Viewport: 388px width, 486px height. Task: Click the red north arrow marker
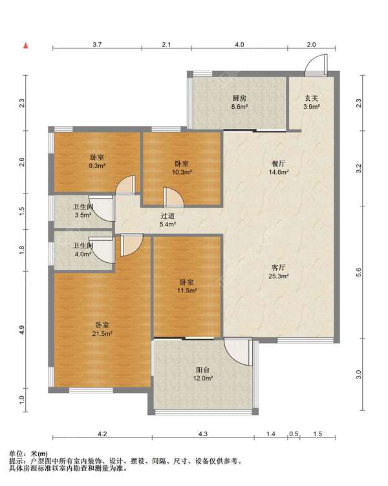click(27, 46)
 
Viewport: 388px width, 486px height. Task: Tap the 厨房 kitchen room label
click(240, 98)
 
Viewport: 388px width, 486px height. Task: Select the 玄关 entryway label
click(312, 98)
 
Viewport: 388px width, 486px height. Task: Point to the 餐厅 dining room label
click(279, 164)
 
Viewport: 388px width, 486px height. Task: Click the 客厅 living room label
click(279, 267)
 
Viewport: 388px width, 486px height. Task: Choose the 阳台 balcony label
click(203, 370)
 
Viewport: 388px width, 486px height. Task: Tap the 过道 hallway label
click(167, 216)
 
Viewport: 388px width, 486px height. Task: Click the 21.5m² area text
click(102, 334)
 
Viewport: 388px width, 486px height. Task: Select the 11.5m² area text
click(187, 291)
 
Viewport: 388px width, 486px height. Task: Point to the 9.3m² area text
click(97, 166)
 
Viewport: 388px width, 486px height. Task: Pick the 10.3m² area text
click(182, 172)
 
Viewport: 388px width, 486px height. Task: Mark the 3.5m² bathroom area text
click(82, 215)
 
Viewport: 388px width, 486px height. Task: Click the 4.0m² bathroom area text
click(82, 254)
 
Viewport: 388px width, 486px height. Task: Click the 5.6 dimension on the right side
click(359, 272)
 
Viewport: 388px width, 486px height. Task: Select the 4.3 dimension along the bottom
click(203, 434)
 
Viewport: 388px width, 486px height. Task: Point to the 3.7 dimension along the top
click(97, 44)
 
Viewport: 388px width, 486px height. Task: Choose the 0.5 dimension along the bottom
click(294, 434)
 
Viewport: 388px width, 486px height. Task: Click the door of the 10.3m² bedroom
click(173, 197)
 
